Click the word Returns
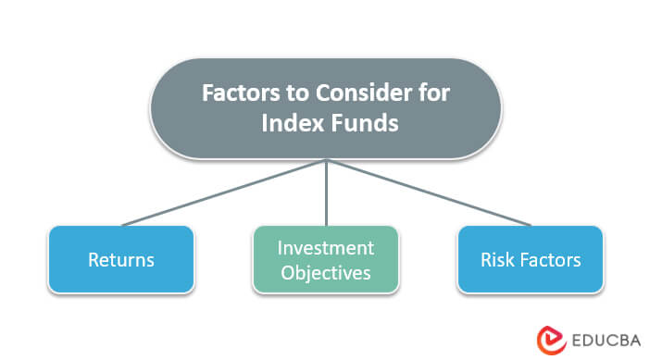pyautogui.click(x=120, y=260)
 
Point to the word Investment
pyautogui.click(x=326, y=247)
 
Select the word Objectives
pyautogui.click(x=326, y=273)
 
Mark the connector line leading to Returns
pyautogui.click(x=222, y=192)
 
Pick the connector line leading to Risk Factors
pyautogui.click(x=428, y=192)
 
